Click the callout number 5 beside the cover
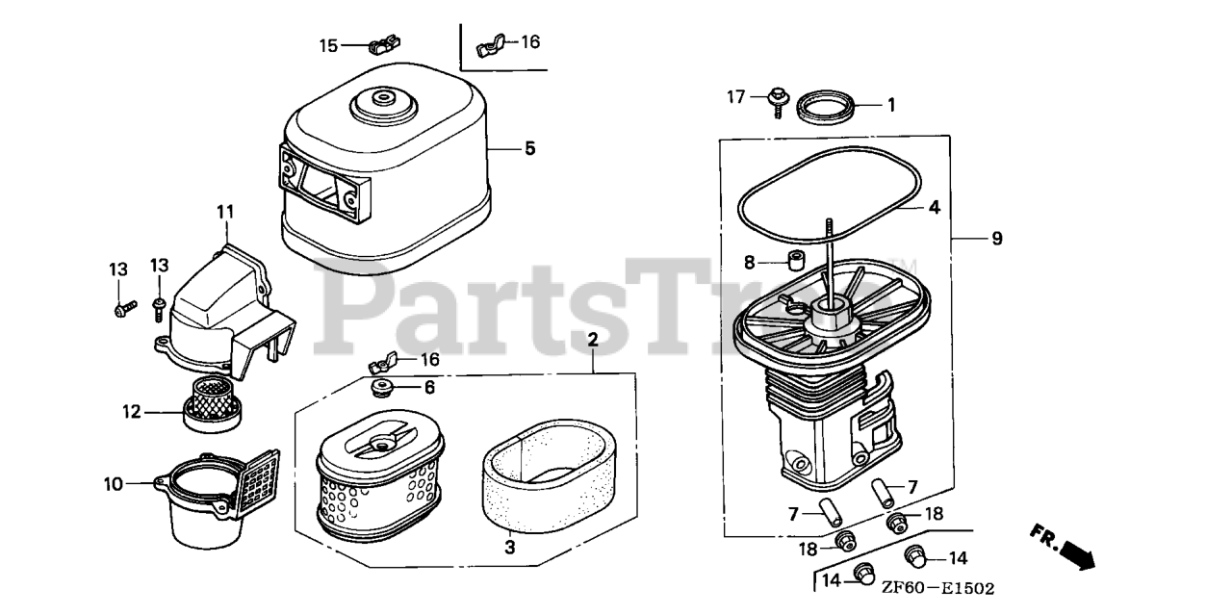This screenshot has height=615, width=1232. [x=529, y=148]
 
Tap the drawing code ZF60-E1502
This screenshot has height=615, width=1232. [x=938, y=589]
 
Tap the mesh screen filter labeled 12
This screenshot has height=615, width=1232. [x=212, y=408]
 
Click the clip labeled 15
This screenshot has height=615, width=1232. [x=383, y=44]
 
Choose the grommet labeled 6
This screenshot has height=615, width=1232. [x=380, y=389]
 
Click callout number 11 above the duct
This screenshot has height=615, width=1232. [x=225, y=211]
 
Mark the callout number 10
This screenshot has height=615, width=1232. [x=113, y=484]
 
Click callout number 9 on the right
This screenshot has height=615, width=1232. [x=997, y=239]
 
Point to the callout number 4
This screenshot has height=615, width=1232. [x=934, y=207]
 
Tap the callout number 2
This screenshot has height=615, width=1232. [x=592, y=340]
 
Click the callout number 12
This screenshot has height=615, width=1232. [x=132, y=412]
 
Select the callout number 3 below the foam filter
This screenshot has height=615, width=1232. [x=510, y=548]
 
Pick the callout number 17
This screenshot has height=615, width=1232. [x=736, y=97]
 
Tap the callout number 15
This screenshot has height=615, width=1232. [x=328, y=45]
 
